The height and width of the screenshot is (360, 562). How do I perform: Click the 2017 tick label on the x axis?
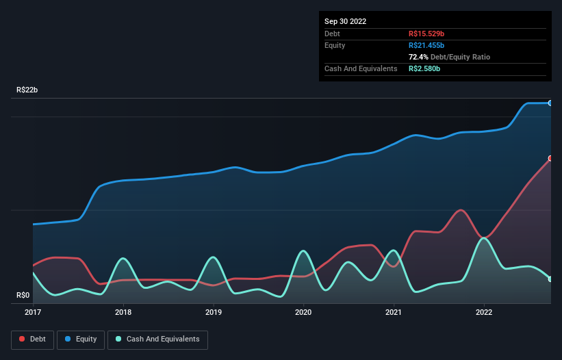32,312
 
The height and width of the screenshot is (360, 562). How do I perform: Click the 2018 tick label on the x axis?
123,312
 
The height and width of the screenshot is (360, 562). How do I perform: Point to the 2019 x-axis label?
213,312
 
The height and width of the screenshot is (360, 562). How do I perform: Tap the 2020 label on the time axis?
303,312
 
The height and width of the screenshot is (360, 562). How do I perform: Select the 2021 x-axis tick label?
394,312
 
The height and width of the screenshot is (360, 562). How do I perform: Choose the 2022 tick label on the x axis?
484,312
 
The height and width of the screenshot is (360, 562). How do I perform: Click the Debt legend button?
31,339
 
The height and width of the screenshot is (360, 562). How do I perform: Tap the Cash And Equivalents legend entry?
157,339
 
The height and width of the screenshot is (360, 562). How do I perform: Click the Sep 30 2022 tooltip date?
346,21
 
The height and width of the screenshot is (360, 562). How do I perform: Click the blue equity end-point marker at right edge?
550,103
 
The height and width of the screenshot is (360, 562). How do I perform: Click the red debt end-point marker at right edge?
550,158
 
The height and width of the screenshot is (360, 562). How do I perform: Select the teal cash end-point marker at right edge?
550,279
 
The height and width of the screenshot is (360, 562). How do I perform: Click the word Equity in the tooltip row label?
335,45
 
